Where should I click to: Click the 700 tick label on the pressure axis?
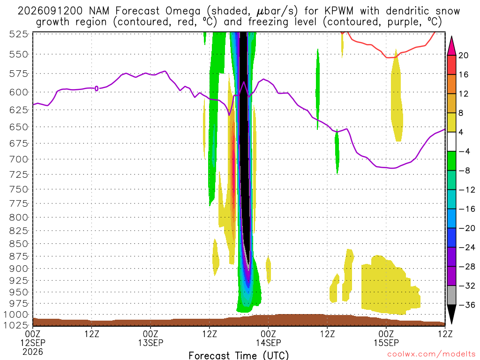tap(19, 159)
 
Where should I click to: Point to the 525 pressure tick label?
tap(19, 34)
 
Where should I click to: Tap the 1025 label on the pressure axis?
tap(15, 325)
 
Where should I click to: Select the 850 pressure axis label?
tap(19, 244)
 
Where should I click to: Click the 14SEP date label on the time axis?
tap(269, 343)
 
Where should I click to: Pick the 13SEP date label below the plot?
tap(150, 343)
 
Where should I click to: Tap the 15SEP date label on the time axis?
tap(386, 343)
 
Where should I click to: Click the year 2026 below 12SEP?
tap(33, 352)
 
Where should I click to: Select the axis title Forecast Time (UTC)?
tap(239, 355)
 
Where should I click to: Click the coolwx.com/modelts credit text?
tap(431, 354)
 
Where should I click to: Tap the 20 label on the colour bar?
tap(464, 55)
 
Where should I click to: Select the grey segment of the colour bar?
tap(451, 295)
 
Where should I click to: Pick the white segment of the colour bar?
tap(451, 142)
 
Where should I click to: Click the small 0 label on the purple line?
tap(97, 89)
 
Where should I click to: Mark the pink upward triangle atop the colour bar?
tap(451, 46)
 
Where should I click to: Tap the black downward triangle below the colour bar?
tap(451, 314)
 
